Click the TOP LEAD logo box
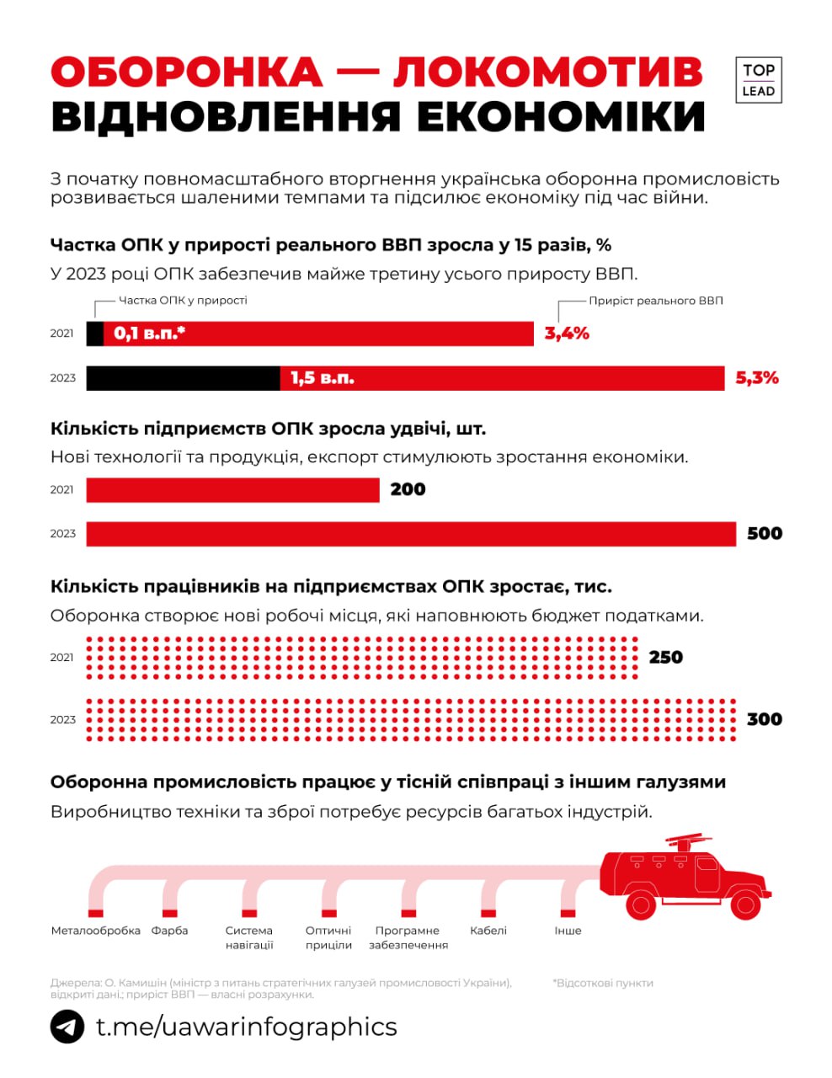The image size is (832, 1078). [758, 81]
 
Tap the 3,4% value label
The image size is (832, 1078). [567, 334]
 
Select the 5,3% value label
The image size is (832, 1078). [757, 378]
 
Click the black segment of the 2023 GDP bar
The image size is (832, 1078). [183, 378]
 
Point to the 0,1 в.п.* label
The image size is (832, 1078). [150, 334]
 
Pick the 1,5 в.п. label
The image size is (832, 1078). [323, 378]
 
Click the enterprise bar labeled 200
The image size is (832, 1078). [232, 489]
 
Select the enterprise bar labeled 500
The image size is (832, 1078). [411, 534]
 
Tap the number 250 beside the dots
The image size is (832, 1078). [665, 657]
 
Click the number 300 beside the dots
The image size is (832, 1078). [765, 719]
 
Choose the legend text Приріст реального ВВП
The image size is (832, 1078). [655, 301]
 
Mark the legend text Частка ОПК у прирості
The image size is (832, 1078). [183, 301]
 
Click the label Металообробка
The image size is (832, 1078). [95, 931]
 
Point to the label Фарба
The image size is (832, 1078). [169, 931]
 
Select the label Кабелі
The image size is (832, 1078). [488, 931]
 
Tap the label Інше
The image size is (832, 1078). [568, 931]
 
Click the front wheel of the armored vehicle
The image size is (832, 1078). [744, 905]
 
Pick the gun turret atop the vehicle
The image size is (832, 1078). [688, 841]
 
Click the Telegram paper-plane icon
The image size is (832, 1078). [67, 1027]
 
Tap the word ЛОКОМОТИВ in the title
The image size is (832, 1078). [547, 72]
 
